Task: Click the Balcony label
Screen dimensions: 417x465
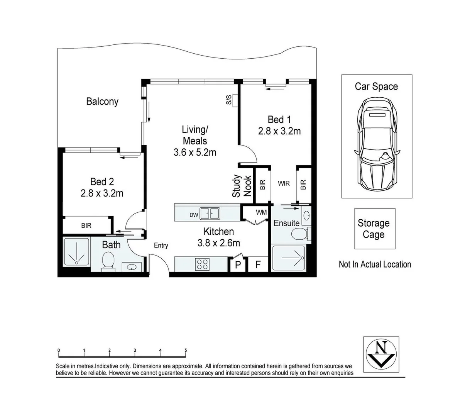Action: (102, 102)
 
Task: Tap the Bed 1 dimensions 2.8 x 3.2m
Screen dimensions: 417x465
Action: (279, 131)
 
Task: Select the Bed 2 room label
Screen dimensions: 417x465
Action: (102, 181)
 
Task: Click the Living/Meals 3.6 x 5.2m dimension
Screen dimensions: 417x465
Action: (195, 153)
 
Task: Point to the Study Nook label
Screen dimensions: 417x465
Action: (242, 186)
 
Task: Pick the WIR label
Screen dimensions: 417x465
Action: (284, 184)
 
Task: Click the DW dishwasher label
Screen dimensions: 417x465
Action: (194, 215)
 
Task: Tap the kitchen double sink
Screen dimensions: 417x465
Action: (209, 213)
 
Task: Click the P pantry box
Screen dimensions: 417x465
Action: (238, 265)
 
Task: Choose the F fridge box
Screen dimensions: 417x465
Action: (258, 265)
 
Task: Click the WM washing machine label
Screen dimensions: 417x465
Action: (261, 212)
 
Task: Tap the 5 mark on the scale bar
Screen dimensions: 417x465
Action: (186, 351)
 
